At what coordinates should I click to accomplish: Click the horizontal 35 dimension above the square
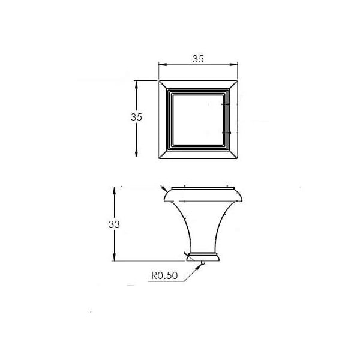(x=198, y=59)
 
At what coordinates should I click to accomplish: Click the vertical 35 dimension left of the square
(x=136, y=117)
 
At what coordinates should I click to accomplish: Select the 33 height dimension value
(x=114, y=224)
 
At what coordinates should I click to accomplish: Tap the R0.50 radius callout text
(x=164, y=275)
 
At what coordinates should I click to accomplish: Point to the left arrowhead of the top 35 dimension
(x=163, y=65)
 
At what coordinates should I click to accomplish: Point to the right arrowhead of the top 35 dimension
(x=233, y=65)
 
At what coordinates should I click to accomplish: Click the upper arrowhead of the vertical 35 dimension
(x=136, y=85)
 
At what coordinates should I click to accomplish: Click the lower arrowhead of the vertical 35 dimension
(x=136, y=153)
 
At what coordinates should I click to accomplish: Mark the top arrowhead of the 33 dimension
(x=114, y=191)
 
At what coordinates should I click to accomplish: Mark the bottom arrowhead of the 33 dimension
(x=114, y=257)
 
